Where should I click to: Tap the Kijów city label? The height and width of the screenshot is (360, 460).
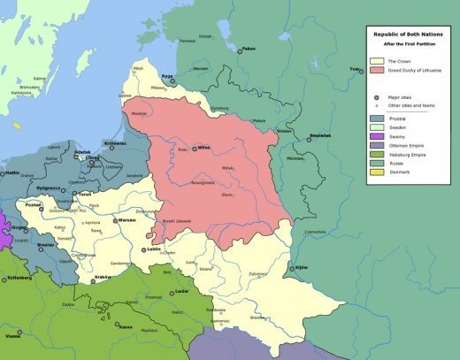300,266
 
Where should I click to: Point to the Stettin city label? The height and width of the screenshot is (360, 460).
12,172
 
